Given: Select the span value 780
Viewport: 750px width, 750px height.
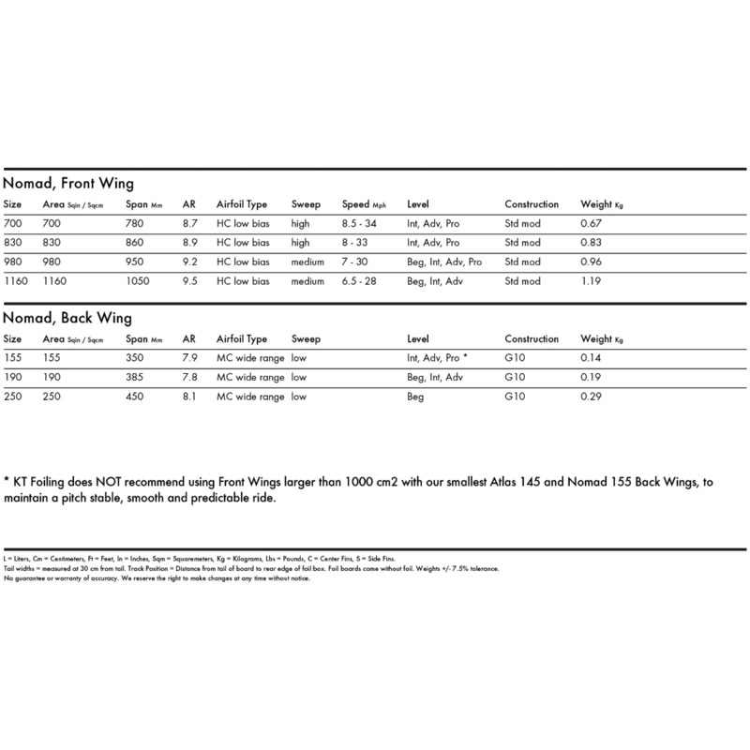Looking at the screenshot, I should point(135,223).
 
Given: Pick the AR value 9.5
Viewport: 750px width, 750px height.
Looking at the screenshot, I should point(189,281).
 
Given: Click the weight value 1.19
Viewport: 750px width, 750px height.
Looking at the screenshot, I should point(592,281).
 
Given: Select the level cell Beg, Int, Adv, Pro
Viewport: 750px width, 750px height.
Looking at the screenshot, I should point(444,262).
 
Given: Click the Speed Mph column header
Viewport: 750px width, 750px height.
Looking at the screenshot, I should point(365,204).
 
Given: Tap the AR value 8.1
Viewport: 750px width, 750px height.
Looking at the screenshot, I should point(189,397).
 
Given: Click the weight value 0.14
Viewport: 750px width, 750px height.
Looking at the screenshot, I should point(592,358).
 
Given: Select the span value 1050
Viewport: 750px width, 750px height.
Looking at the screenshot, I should point(138,281).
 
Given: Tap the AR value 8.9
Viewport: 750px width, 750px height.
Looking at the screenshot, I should point(189,243).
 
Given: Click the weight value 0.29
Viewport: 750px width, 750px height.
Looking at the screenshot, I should point(592,397).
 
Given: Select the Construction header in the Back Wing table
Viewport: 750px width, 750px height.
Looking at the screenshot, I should point(532,338).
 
